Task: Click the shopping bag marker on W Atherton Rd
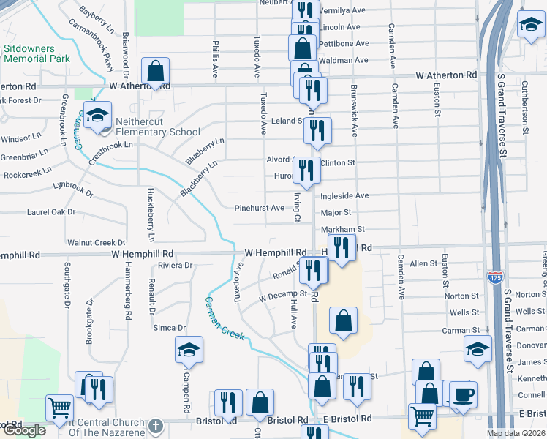pyautogui.click(x=155, y=72)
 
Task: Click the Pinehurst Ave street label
pyautogui.click(x=259, y=208)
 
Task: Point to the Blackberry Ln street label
pyautogui.click(x=199, y=179)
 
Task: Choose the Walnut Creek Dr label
pyautogui.click(x=96, y=242)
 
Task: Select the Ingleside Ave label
pyautogui.click(x=344, y=196)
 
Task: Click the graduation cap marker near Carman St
pyautogui.click(x=478, y=349)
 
